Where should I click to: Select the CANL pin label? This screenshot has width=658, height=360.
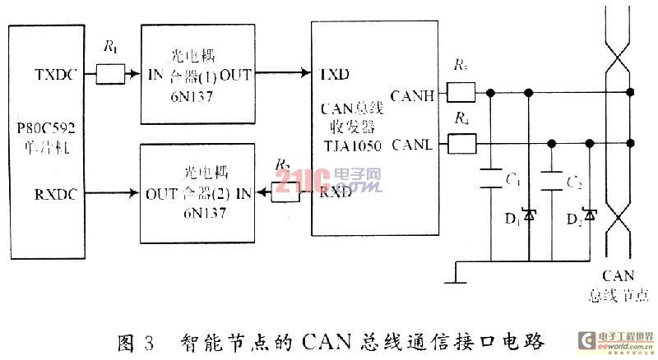coord(414,147)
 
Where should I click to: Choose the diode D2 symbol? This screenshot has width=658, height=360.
coord(589,215)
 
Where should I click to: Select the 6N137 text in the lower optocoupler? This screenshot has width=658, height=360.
coord(197,212)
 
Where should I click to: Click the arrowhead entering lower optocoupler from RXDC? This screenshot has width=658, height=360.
coord(135,196)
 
